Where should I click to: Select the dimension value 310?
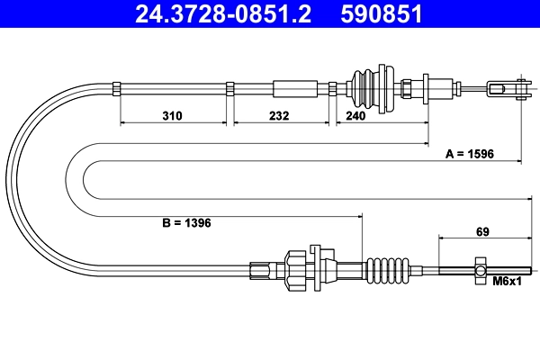point(173,116)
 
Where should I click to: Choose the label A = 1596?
point(471,154)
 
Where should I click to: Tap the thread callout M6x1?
point(508,283)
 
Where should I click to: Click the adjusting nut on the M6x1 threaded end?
point(481,269)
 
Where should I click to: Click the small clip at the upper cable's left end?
point(117,87)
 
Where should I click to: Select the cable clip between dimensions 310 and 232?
point(229,87)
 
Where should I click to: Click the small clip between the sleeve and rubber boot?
point(332,87)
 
